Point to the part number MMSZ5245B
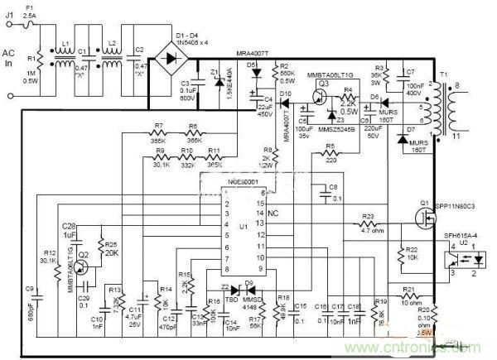[x=336, y=130]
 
